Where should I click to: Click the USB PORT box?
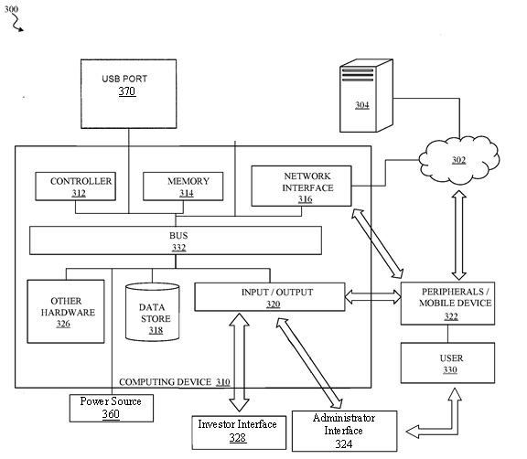click(129, 93)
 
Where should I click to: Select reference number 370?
click(127, 91)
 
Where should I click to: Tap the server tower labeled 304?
click(366, 96)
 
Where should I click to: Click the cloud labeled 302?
click(459, 160)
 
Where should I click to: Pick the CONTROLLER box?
click(76, 187)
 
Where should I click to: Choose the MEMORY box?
click(183, 187)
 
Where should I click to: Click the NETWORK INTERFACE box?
click(302, 186)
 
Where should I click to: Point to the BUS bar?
click(176, 240)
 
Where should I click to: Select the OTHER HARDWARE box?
click(66, 311)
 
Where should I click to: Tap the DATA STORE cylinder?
click(152, 312)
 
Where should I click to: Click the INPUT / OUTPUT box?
click(270, 297)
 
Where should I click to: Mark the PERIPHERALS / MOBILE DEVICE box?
click(447, 304)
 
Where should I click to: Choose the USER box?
click(447, 363)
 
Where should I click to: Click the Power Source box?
click(112, 408)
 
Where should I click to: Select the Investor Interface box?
click(239, 432)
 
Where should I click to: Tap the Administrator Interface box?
click(345, 432)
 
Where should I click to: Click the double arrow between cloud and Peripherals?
click(459, 235)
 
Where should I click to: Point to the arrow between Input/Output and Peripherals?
click(373, 297)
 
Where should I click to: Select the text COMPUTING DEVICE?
click(165, 382)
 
